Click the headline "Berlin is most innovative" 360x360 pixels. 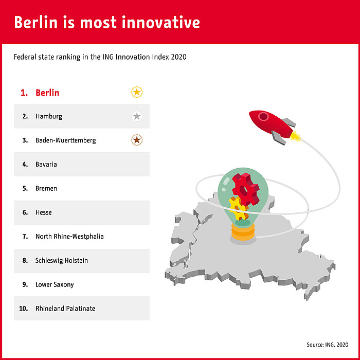click(107, 23)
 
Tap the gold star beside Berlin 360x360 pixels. click(137, 93)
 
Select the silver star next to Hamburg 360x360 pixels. click(137, 116)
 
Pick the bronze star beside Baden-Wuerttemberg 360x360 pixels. click(137, 140)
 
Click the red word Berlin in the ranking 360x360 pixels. click(47, 93)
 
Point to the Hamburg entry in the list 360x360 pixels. click(49, 117)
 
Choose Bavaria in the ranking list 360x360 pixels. click(46, 165)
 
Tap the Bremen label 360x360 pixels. click(46, 189)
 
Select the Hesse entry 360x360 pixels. click(44, 212)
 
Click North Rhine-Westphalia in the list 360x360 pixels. click(69, 237)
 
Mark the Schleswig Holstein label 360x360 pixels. click(62, 261)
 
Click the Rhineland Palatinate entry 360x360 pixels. click(65, 309)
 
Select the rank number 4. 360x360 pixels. click(25, 165)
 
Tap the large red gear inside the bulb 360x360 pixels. click(245, 188)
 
